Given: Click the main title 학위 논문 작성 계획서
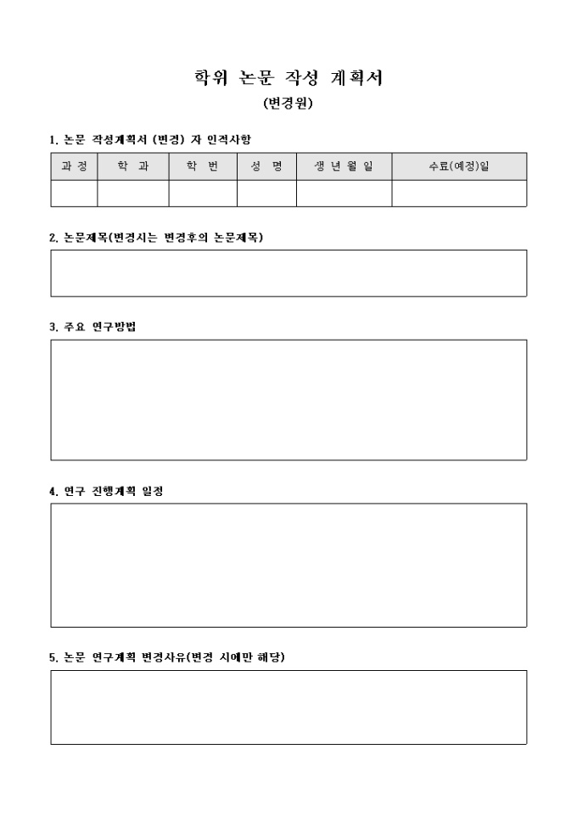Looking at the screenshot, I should point(288,79).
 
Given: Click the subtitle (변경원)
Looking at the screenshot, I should point(288,104).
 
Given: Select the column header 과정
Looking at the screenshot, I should point(74,166).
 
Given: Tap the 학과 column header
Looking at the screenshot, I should point(132,166).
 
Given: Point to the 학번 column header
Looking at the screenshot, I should point(203,166).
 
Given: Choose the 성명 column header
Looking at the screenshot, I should point(266,166).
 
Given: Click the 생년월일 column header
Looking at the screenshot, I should point(344,166).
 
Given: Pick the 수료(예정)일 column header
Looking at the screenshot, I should point(459,166).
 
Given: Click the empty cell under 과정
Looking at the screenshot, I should point(74,194).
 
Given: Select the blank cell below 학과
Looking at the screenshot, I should point(132,194).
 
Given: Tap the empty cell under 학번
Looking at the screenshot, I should point(203,194).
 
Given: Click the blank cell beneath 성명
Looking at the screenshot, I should point(266,194).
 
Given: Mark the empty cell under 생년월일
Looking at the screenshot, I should point(344,194).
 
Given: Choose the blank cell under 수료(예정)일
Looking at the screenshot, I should point(459,194).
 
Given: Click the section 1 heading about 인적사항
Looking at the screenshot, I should point(150,138).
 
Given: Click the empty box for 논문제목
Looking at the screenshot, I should point(288,273).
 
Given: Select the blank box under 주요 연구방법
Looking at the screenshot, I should point(288,399).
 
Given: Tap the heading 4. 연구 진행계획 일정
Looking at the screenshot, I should point(106,491).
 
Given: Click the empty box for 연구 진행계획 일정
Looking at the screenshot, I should point(288,565).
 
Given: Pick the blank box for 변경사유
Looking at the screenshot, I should point(288,707).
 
